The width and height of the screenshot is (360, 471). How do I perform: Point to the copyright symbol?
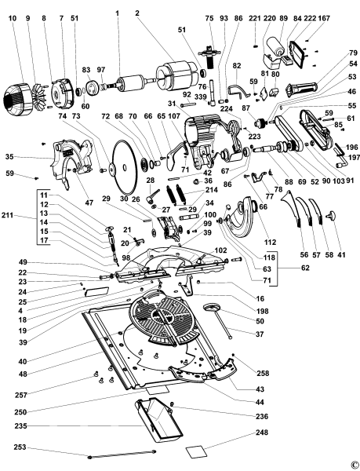tap(354, 464)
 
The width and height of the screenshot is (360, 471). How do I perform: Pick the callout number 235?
tap(19, 426)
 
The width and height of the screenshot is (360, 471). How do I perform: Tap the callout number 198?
tap(260, 311)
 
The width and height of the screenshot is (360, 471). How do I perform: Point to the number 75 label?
tap(209, 17)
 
